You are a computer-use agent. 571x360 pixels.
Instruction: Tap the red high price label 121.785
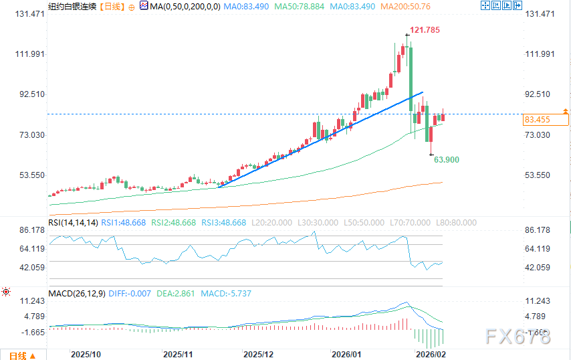[425, 31]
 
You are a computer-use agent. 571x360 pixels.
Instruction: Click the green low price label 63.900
[446, 160]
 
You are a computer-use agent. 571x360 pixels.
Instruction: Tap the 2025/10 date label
[85, 353]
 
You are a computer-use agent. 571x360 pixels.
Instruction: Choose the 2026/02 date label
[430, 353]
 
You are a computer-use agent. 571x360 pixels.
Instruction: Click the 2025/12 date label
[259, 353]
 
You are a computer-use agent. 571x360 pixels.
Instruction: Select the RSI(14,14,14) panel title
[74, 222]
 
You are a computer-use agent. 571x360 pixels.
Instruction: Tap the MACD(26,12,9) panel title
[77, 293]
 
